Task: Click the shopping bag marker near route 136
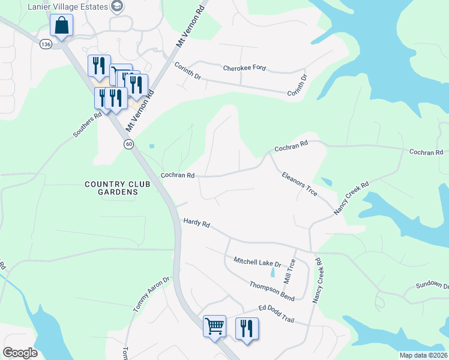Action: (61, 26)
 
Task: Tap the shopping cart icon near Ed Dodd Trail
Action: (214, 326)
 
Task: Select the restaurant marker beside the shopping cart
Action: (247, 329)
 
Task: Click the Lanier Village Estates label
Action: (70, 7)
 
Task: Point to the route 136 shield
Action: (46, 44)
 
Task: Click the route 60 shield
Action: (128, 144)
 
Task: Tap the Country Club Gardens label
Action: (112, 188)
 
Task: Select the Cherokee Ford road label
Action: (244, 68)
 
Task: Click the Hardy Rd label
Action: (196, 224)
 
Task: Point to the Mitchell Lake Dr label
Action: (258, 262)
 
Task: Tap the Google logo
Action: (20, 353)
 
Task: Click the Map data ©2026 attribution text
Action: (423, 355)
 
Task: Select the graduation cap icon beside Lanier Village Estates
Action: (118, 7)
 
